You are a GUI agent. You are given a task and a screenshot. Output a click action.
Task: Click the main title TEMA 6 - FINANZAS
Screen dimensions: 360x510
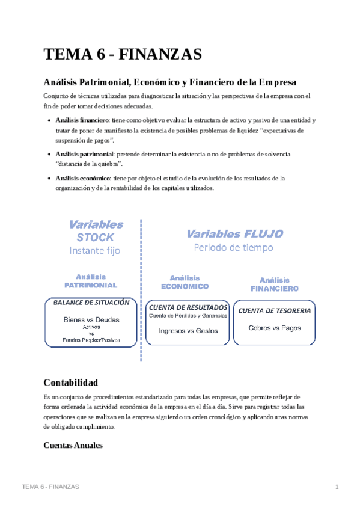pyautogui.click(x=122, y=55)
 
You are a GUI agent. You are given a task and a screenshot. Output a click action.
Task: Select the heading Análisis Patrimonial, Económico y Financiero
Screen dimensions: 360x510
pyautogui.click(x=170, y=82)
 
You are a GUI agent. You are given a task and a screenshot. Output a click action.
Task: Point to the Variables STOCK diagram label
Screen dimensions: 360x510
pyautogui.click(x=96, y=230)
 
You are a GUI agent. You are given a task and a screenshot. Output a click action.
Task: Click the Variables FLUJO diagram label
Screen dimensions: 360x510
pyautogui.click(x=234, y=234)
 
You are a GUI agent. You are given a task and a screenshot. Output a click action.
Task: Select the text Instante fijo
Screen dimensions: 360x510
pyautogui.click(x=95, y=250)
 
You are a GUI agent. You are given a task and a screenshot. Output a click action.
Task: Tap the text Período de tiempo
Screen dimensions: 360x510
pyautogui.click(x=233, y=247)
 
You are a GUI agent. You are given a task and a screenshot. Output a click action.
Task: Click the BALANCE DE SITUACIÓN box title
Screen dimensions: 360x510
pyautogui.click(x=92, y=303)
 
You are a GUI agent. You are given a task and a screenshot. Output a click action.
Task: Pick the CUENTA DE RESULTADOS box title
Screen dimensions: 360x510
pyautogui.click(x=188, y=307)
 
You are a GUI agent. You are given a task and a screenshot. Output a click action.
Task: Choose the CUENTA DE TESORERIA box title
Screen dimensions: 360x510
pyautogui.click(x=275, y=311)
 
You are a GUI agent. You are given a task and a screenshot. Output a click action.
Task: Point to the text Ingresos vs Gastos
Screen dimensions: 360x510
pyautogui.click(x=188, y=330)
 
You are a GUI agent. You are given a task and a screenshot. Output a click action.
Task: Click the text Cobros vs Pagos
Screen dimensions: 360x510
pyautogui.click(x=275, y=328)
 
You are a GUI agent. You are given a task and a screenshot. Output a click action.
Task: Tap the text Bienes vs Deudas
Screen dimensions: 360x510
pyautogui.click(x=91, y=319)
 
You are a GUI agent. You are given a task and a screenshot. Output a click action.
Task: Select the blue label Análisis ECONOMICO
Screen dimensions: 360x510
pyautogui.click(x=185, y=282)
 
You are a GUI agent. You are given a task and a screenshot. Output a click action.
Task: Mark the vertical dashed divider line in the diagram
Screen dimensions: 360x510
pyautogui.click(x=141, y=289)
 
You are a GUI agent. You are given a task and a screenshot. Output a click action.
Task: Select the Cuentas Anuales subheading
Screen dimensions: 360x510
pyautogui.click(x=73, y=446)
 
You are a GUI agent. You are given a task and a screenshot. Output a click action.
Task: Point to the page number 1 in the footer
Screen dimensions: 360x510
pyautogui.click(x=337, y=486)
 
